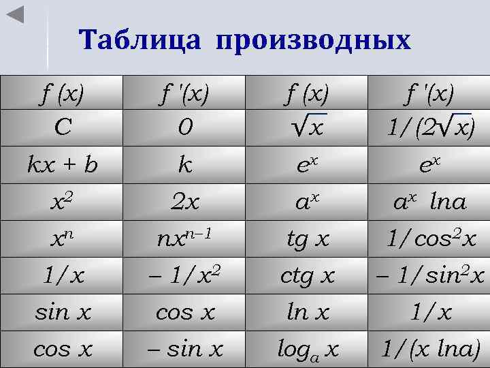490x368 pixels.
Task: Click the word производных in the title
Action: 314,41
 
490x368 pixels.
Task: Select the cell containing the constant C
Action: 61,127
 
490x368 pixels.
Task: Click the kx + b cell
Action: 61,164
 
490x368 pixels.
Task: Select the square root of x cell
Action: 306,127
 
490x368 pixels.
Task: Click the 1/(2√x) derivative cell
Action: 429,127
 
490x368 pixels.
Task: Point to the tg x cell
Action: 306,239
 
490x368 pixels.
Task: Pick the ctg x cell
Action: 306,275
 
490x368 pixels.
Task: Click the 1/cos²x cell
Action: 429,239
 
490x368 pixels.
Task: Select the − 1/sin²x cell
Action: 429,275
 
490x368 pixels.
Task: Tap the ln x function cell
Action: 306,312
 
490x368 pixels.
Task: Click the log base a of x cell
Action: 306,349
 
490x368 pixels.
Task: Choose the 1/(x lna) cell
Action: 429,349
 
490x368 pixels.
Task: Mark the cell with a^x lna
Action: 429,202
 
